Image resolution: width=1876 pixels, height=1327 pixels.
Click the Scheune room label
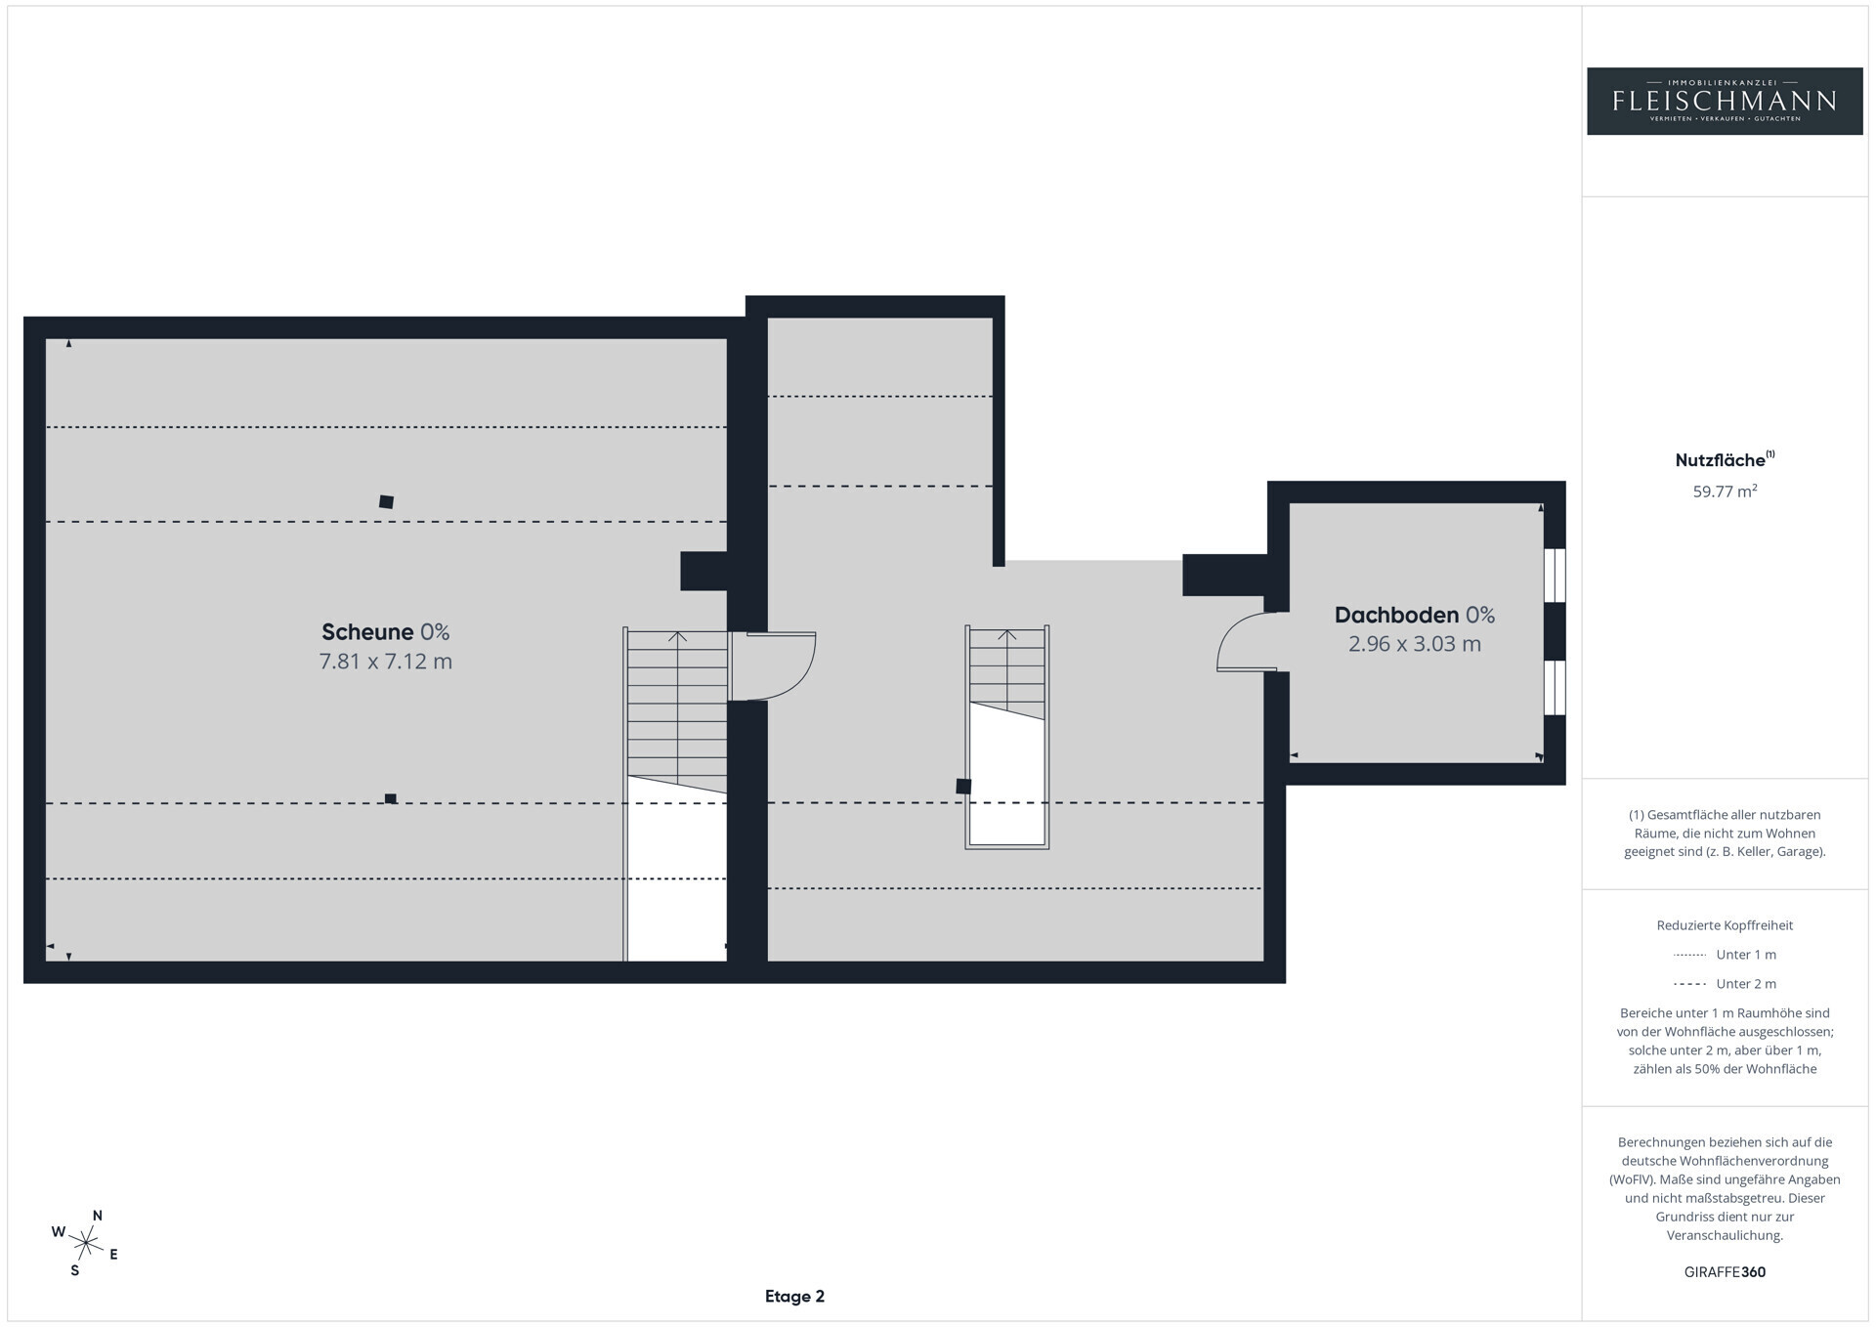(367, 632)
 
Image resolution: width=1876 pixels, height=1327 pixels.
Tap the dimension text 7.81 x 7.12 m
(386, 662)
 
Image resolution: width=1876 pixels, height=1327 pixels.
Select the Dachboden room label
(1396, 615)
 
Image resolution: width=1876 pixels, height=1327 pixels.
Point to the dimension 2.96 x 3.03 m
(1415, 644)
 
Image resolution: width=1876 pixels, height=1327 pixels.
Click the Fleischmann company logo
(1725, 101)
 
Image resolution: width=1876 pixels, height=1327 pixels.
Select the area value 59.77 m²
(1725, 492)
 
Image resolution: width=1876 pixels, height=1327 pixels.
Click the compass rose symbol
(86, 1243)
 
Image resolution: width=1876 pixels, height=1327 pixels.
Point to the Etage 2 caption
(794, 1297)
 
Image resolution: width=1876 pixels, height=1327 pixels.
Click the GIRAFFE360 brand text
(1725, 1272)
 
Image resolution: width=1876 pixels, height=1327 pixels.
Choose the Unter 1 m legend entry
(1725, 955)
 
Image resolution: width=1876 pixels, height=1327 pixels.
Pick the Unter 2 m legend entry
(1725, 984)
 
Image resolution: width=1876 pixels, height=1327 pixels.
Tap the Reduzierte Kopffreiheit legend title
(1725, 925)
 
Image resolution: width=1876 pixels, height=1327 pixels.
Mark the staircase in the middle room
(1007, 737)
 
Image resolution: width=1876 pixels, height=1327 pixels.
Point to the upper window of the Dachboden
(1555, 576)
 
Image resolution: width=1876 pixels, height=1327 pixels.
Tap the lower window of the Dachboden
(1555, 688)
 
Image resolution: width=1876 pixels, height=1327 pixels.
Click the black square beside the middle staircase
(963, 786)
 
